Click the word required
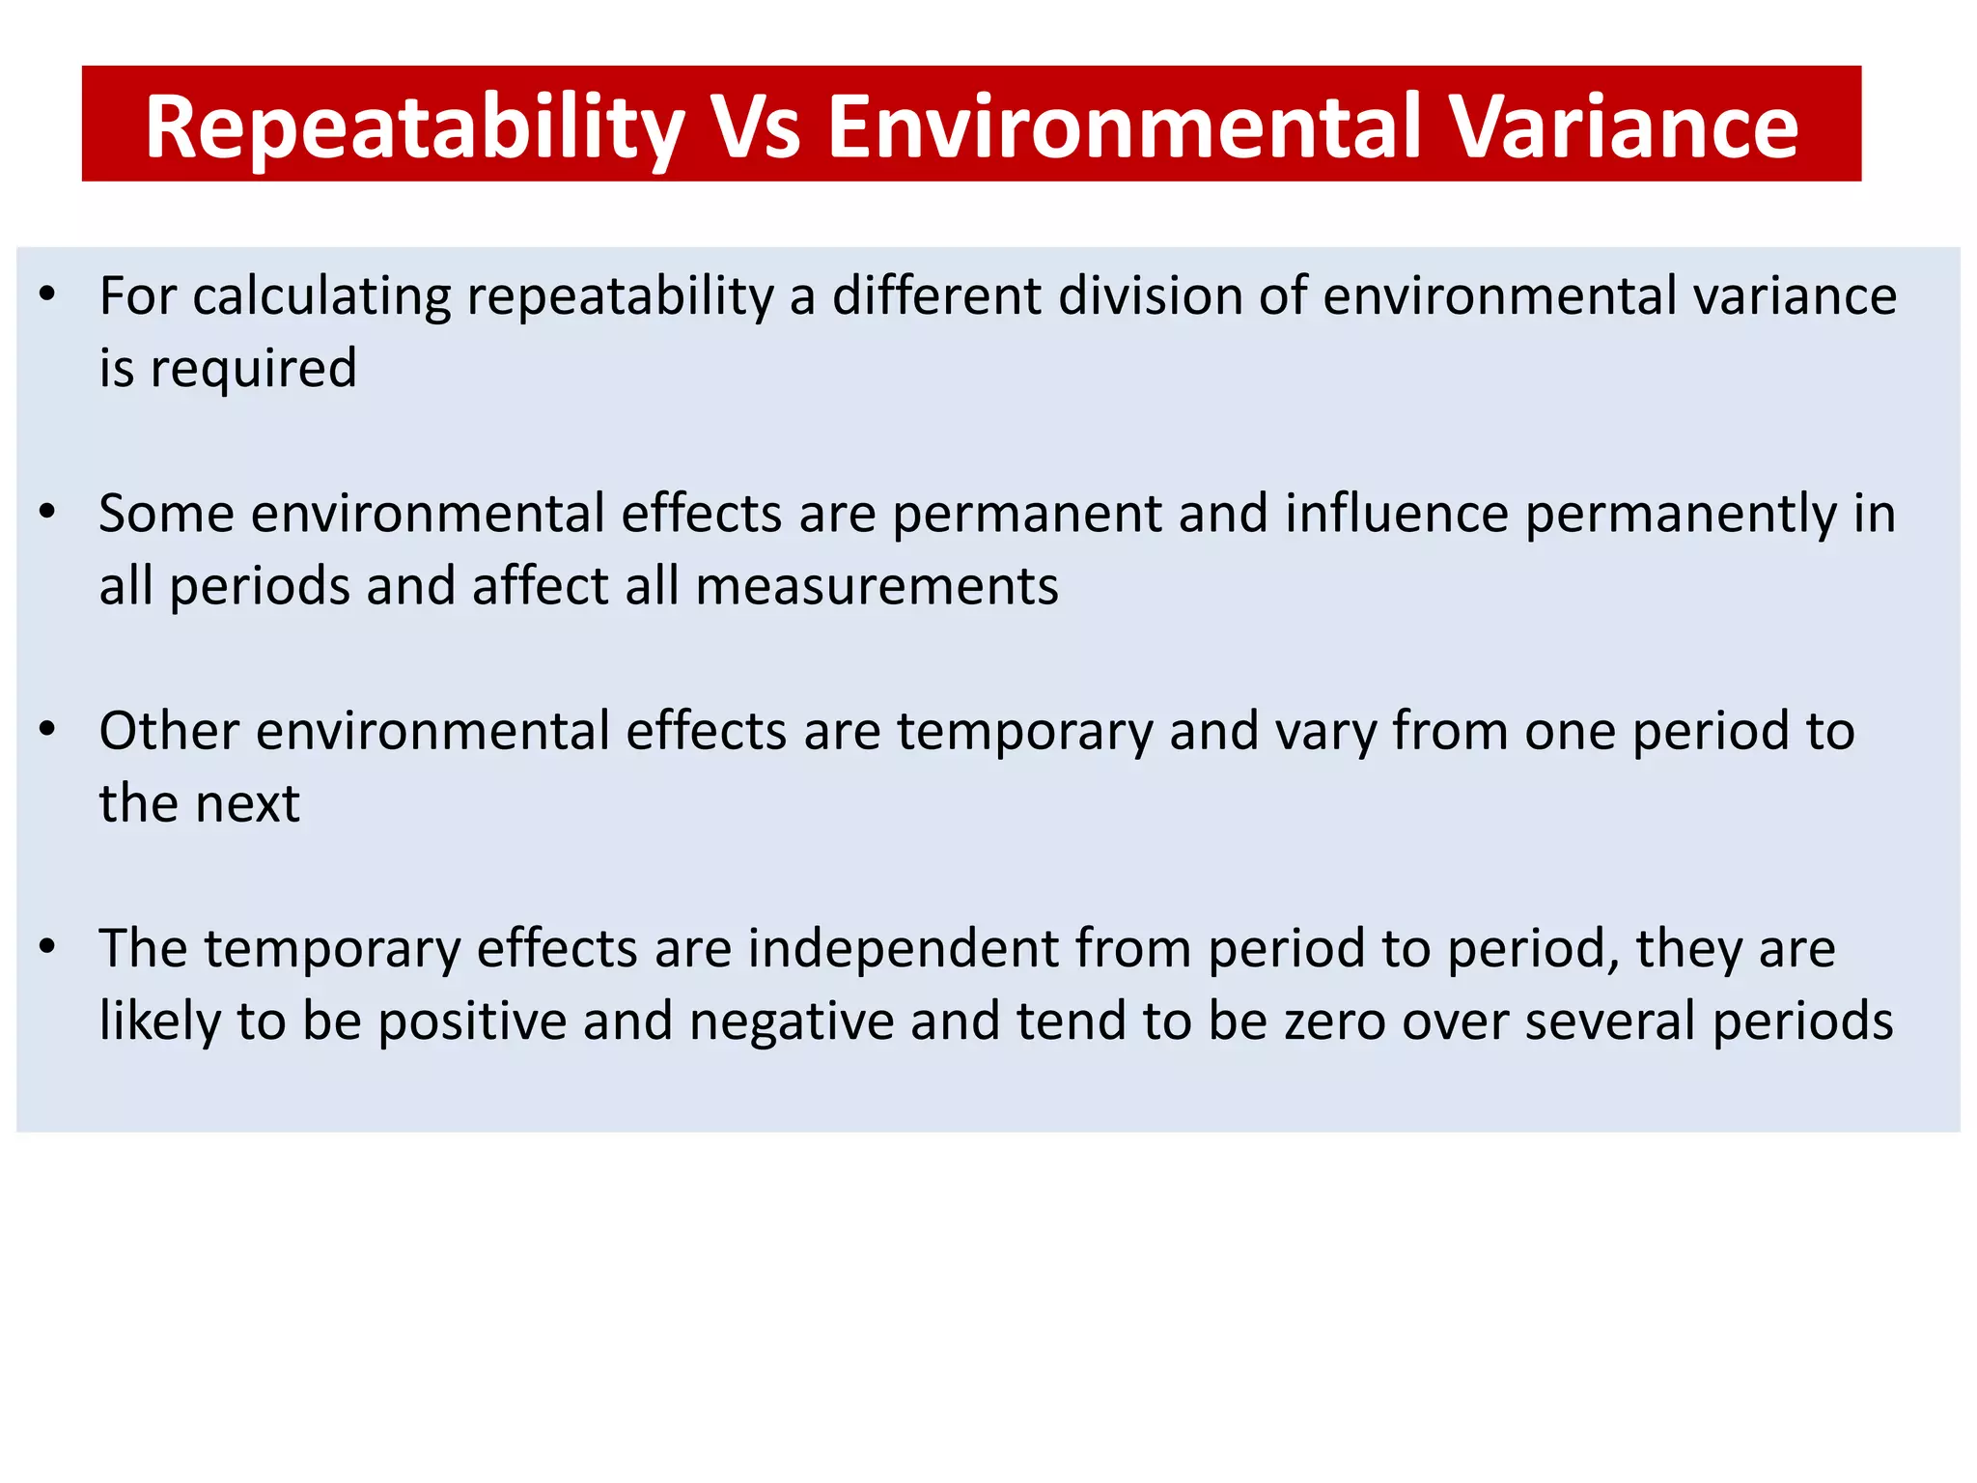tap(253, 369)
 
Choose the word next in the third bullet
tap(255, 804)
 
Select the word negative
tap(792, 1021)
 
